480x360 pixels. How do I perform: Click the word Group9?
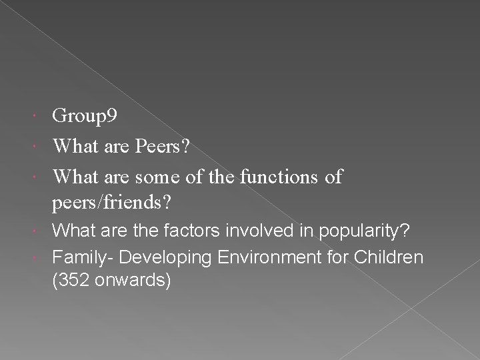point(85,117)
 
